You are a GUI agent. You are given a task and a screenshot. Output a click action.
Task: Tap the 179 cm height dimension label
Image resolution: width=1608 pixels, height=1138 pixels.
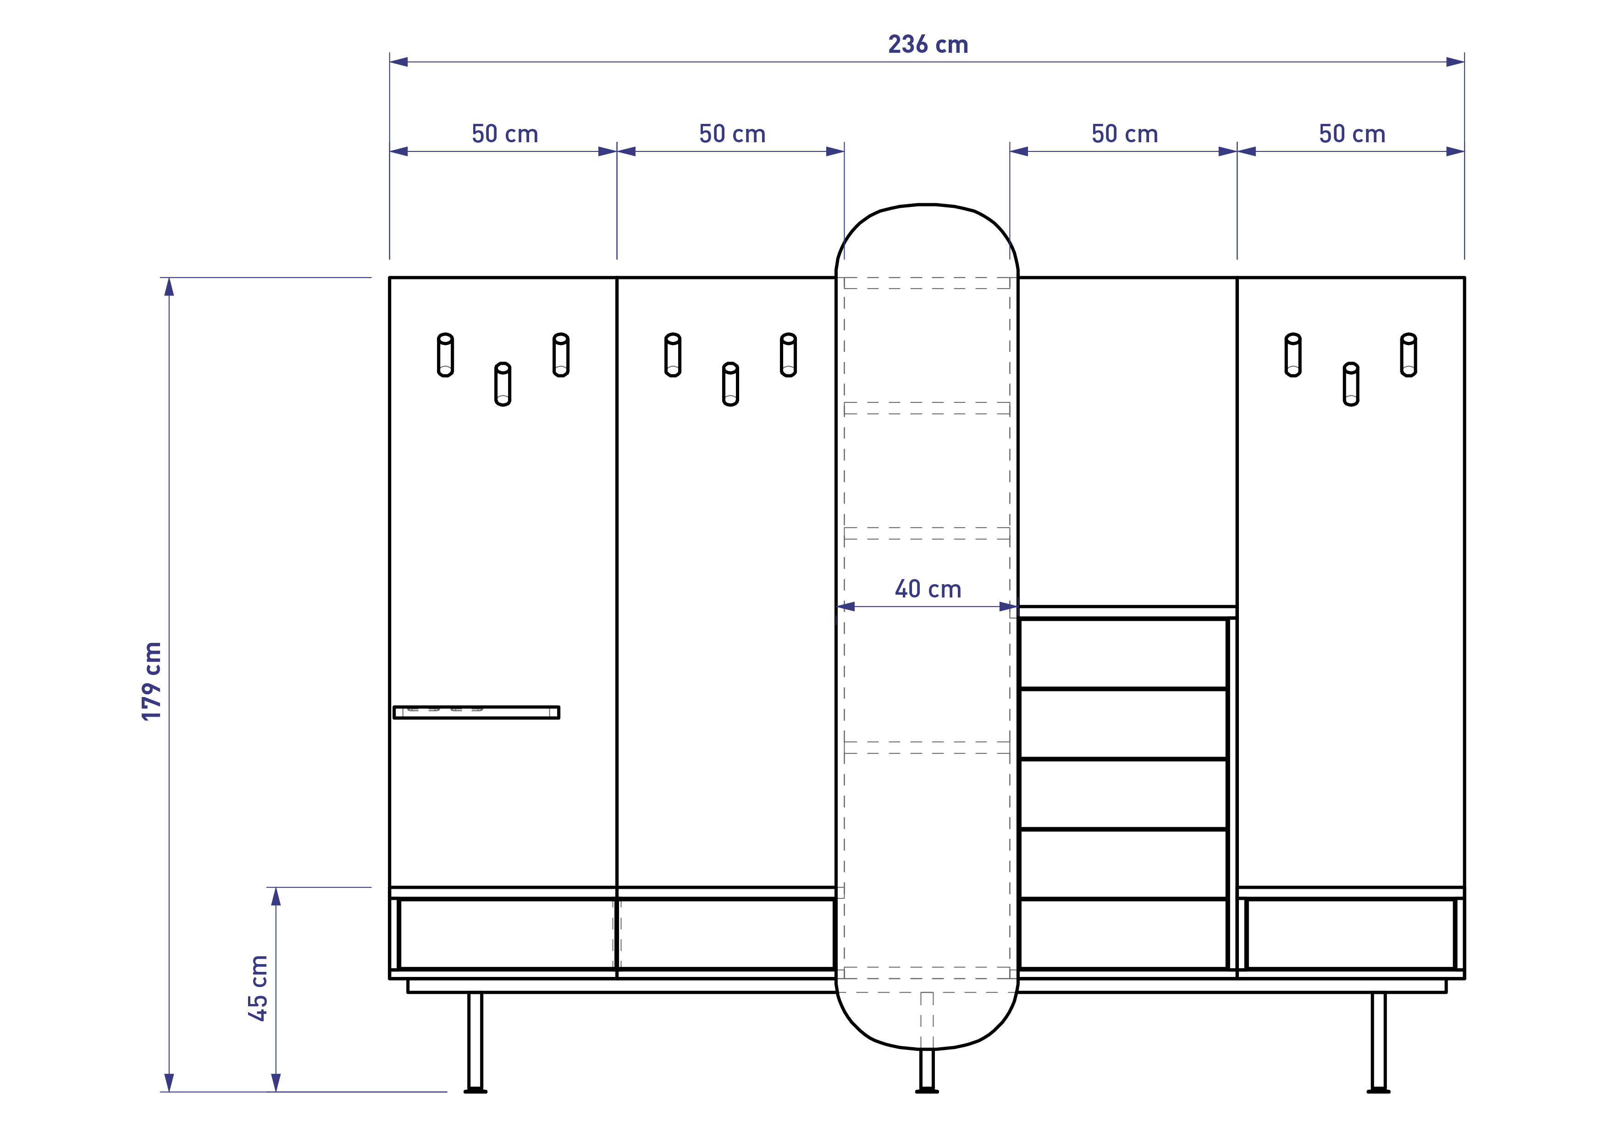152,681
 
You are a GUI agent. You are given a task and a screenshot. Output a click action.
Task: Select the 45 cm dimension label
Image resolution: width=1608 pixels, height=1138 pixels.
258,988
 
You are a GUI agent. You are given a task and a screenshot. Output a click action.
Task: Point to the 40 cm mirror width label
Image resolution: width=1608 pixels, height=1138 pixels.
928,589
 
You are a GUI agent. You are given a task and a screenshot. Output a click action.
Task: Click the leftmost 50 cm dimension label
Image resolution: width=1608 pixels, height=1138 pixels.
505,134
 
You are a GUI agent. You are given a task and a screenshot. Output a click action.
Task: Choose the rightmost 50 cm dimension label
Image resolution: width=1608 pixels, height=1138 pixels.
1352,134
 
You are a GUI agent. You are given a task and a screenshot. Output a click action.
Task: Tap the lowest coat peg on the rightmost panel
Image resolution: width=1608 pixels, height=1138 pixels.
1351,384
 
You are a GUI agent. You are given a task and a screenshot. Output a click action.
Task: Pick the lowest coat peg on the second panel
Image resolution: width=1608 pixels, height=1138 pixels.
730,384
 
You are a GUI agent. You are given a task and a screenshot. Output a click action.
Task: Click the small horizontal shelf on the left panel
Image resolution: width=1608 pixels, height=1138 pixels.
476,713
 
